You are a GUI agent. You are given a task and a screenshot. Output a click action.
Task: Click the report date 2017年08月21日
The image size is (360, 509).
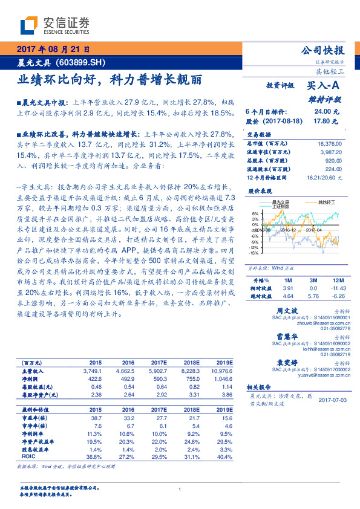point(52,50)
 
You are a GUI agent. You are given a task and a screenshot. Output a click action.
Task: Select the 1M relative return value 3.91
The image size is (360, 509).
point(288,289)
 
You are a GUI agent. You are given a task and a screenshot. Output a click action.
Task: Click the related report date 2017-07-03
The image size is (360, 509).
point(331,400)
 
